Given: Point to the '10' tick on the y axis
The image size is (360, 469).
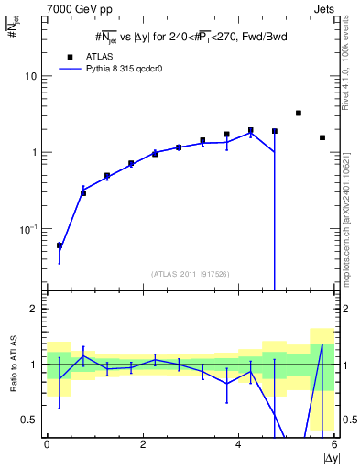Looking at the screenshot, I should (30, 76).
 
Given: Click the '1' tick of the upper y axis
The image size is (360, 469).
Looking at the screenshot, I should (34, 152).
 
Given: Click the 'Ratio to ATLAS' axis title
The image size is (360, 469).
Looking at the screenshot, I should (12, 365).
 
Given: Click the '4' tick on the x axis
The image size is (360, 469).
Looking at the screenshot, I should (238, 443).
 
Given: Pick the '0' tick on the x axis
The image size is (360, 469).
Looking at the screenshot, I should (47, 443).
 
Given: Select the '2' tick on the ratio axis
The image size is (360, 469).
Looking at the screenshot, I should (34, 309).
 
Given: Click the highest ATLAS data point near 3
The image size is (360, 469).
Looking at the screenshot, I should (299, 113).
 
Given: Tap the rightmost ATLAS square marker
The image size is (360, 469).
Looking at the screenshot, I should (322, 137).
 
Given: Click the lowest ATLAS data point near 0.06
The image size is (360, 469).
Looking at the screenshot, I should (60, 245).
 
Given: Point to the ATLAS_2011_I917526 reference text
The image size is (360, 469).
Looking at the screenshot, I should (190, 273).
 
